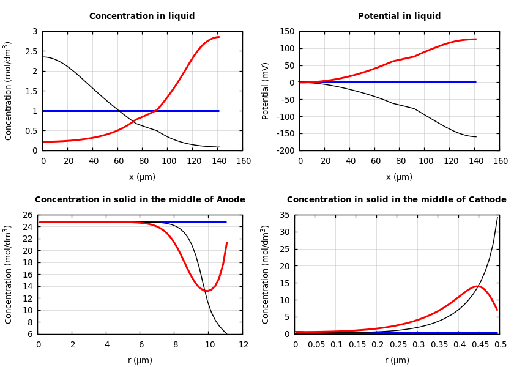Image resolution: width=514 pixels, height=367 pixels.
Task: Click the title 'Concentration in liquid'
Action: pos(142,17)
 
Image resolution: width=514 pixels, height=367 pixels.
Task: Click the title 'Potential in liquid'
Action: pos(399,17)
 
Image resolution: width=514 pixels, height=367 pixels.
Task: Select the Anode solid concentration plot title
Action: pos(140,200)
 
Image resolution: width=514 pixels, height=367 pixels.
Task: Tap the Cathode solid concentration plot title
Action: pos(397,200)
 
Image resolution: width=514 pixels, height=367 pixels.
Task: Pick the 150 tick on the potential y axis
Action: pos(287,31)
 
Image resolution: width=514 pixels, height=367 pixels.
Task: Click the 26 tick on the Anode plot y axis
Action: pos(27,215)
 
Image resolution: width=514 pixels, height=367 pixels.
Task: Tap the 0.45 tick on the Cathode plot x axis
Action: pos(480,345)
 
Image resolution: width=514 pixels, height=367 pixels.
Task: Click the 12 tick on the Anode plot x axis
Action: pos(244,345)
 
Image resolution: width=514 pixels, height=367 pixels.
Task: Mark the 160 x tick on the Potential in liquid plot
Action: pos(501,161)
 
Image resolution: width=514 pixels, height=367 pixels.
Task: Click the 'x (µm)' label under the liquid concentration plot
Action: pos(142,177)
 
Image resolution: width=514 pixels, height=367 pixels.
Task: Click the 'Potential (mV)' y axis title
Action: pos(266,91)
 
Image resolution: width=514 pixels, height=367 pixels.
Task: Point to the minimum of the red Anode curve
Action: pos(208,291)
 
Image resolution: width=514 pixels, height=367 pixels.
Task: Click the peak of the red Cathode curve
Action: pos(478,286)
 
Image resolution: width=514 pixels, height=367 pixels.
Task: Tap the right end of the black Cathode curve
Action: pos(497,217)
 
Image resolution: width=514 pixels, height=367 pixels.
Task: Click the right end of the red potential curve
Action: pos(475,39)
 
